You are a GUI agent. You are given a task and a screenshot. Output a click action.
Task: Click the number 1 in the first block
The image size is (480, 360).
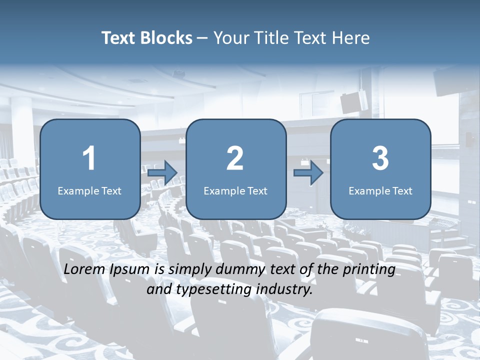coord(89,158)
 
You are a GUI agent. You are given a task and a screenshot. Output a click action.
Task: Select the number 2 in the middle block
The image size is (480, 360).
coord(235,158)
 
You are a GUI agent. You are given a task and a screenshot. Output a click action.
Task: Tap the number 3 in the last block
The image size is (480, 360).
coord(380,158)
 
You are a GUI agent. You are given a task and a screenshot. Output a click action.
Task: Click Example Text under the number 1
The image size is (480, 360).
coord(89,191)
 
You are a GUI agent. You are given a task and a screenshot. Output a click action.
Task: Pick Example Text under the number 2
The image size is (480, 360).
coord(235,191)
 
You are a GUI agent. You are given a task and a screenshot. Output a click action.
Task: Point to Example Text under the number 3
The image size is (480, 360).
coord(380,191)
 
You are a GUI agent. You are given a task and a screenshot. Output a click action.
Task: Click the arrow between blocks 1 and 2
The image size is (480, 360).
coord(162,173)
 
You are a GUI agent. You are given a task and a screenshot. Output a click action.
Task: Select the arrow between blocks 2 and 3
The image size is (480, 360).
coord(308,173)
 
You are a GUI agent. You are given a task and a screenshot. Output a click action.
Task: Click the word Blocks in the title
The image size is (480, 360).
coord(167,38)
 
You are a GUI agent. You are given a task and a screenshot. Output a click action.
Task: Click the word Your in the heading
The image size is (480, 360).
coord(229,38)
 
